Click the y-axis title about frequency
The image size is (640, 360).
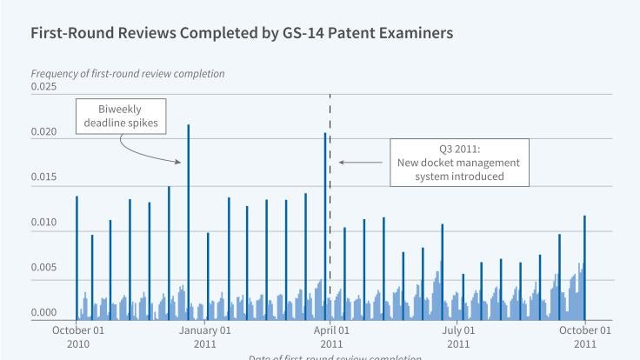pyautogui.click(x=128, y=74)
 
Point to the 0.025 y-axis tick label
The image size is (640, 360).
pyautogui.click(x=43, y=86)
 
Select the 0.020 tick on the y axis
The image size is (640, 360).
pyautogui.click(x=43, y=132)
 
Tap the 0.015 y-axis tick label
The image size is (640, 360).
pyautogui.click(x=43, y=177)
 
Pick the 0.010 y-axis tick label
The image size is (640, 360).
pyautogui.click(x=43, y=223)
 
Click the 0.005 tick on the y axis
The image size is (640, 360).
pyautogui.click(x=43, y=268)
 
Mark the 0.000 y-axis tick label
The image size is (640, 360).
pyautogui.click(x=43, y=313)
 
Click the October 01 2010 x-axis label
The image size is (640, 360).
pyautogui.click(x=77, y=337)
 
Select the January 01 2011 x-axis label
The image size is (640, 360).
pyautogui.click(x=205, y=337)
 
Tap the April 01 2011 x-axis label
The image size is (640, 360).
pyautogui.click(x=331, y=337)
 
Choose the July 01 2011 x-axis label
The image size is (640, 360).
pyautogui.click(x=458, y=337)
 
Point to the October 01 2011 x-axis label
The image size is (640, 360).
pyautogui.click(x=585, y=337)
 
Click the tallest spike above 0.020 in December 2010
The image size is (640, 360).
pyautogui.click(x=189, y=217)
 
